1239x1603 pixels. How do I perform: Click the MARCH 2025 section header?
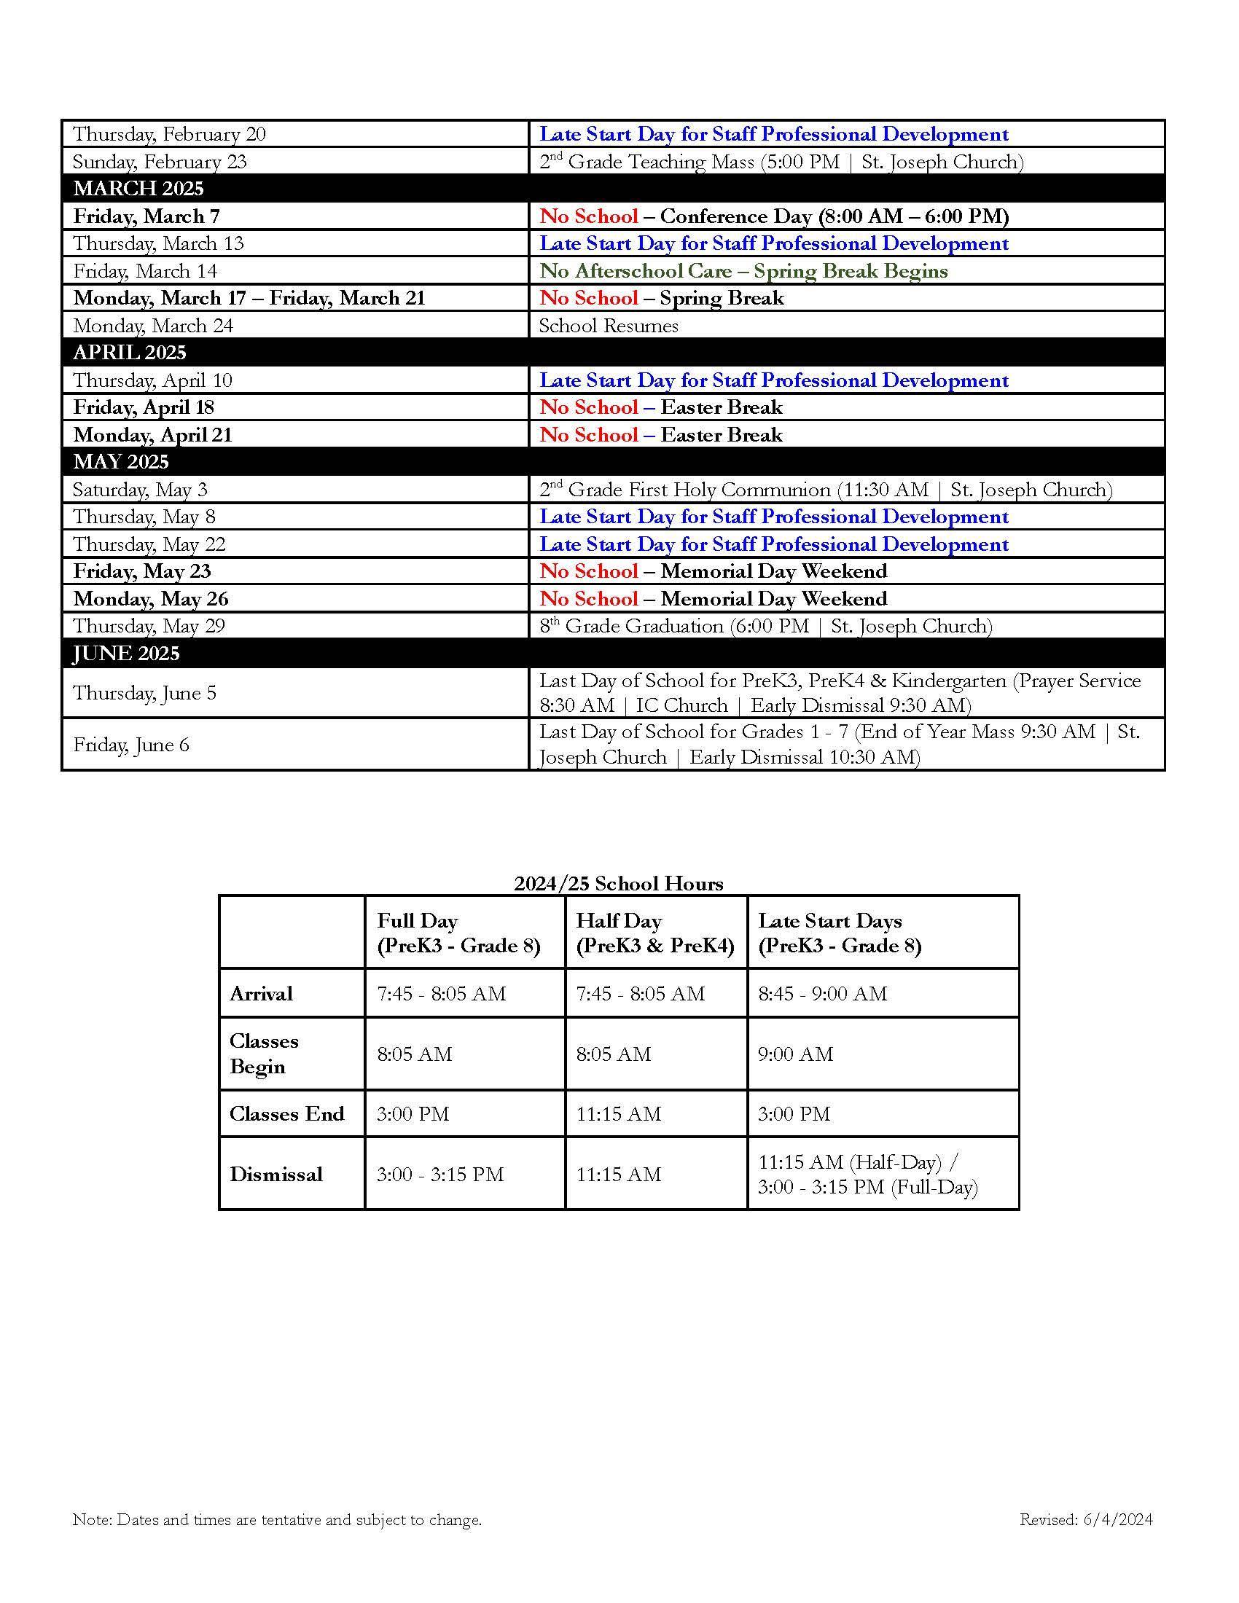[x=138, y=189]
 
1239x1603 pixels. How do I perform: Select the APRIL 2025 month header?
[x=130, y=353]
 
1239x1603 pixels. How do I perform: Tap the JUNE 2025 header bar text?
[x=125, y=654]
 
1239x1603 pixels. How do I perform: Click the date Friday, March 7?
[x=146, y=216]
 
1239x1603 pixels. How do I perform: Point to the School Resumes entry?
[x=609, y=325]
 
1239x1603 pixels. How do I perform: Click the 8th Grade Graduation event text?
[x=765, y=626]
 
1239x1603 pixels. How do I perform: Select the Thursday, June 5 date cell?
[x=144, y=693]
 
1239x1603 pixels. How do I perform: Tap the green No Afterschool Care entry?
[x=743, y=271]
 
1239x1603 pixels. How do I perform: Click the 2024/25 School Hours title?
[x=618, y=883]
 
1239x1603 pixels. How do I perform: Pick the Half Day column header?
[x=654, y=933]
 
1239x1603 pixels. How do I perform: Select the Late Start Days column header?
[x=839, y=933]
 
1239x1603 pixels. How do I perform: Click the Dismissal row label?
[x=276, y=1175]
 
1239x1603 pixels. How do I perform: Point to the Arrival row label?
[x=262, y=994]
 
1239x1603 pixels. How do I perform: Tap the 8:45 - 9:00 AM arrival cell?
[x=822, y=994]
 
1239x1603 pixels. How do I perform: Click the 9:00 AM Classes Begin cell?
[x=796, y=1055]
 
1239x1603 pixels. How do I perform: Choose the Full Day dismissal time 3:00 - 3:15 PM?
[x=440, y=1175]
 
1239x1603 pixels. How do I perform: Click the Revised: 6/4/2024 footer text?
[x=1086, y=1519]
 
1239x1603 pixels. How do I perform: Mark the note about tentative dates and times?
[x=277, y=1519]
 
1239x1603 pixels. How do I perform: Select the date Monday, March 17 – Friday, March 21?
[x=249, y=298]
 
